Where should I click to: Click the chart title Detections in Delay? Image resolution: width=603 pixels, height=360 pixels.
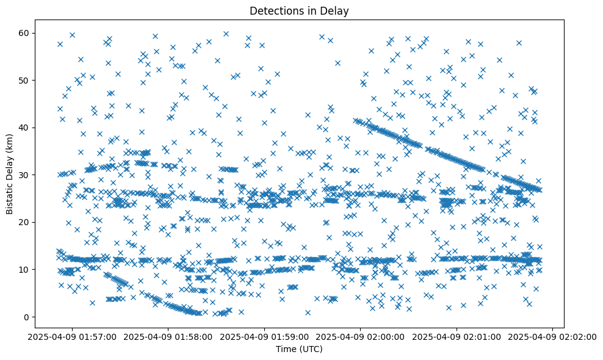299,10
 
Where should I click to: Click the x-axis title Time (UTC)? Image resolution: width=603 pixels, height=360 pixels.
299,349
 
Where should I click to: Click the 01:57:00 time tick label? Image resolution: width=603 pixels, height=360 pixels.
72,336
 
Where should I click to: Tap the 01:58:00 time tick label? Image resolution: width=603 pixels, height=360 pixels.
168,336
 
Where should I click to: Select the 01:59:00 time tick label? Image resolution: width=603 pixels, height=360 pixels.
265,336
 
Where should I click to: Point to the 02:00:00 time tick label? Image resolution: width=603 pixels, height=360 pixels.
361,336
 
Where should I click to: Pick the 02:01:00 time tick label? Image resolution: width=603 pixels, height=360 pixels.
457,336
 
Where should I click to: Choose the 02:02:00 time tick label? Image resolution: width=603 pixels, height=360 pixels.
553,336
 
